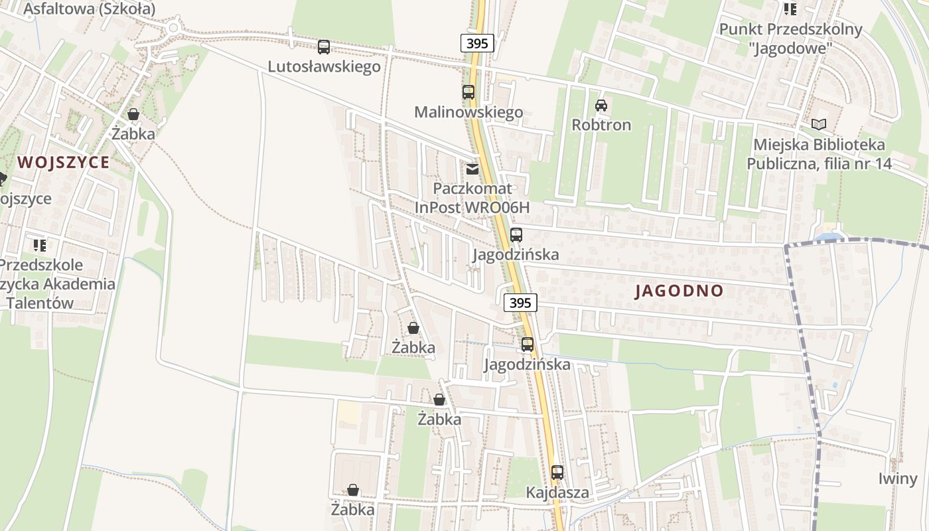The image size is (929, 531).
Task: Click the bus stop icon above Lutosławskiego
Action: point(324,47)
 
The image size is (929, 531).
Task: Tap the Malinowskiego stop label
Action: point(468,112)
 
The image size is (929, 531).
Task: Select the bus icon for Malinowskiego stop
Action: point(468,92)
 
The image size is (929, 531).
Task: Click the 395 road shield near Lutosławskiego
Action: point(477,44)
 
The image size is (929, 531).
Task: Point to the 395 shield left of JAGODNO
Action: point(520,303)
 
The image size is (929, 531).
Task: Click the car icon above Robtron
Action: point(601,105)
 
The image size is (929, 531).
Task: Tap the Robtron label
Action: point(601,125)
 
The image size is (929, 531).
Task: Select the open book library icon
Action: point(820,124)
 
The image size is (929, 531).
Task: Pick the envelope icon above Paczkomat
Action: point(472,169)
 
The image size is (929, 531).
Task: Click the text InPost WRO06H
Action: point(472,208)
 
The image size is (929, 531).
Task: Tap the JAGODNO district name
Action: point(679,291)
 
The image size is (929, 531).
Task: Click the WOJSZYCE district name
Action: point(63,162)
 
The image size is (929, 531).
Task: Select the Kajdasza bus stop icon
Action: point(557,473)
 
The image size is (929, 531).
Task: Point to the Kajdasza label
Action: point(557,493)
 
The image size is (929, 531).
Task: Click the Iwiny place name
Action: point(898,479)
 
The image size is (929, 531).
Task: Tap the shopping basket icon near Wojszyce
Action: point(133,114)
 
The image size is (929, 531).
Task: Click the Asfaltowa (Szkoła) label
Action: point(89,9)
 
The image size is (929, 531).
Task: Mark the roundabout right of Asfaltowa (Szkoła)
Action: point(174,28)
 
